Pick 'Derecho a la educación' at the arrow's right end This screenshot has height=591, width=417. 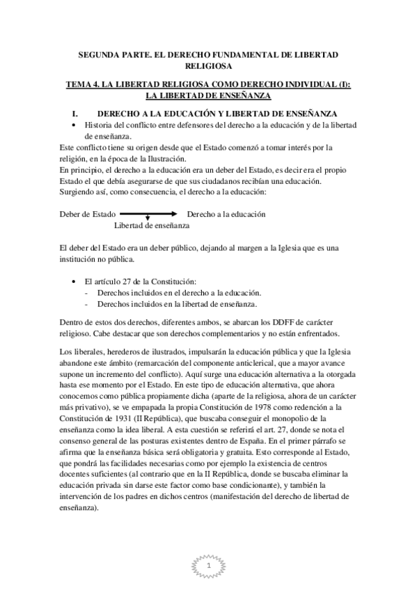tap(227, 214)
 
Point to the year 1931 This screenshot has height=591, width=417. tap(125, 417)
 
